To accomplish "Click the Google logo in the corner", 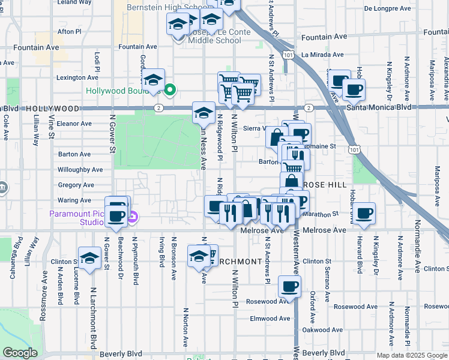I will click(x=20, y=353).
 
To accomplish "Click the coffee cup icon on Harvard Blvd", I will click(x=364, y=213).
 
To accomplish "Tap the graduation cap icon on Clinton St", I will click(x=89, y=259).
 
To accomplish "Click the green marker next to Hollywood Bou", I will click(x=170, y=91).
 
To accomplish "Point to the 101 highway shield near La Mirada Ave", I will click(x=289, y=55).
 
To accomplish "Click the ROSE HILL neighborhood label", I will click(x=325, y=185).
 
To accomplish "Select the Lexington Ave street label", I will click(x=77, y=77).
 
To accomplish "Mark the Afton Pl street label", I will click(x=68, y=31).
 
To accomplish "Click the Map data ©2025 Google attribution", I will click(x=412, y=355).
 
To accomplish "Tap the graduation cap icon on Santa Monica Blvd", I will click(x=203, y=112).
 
